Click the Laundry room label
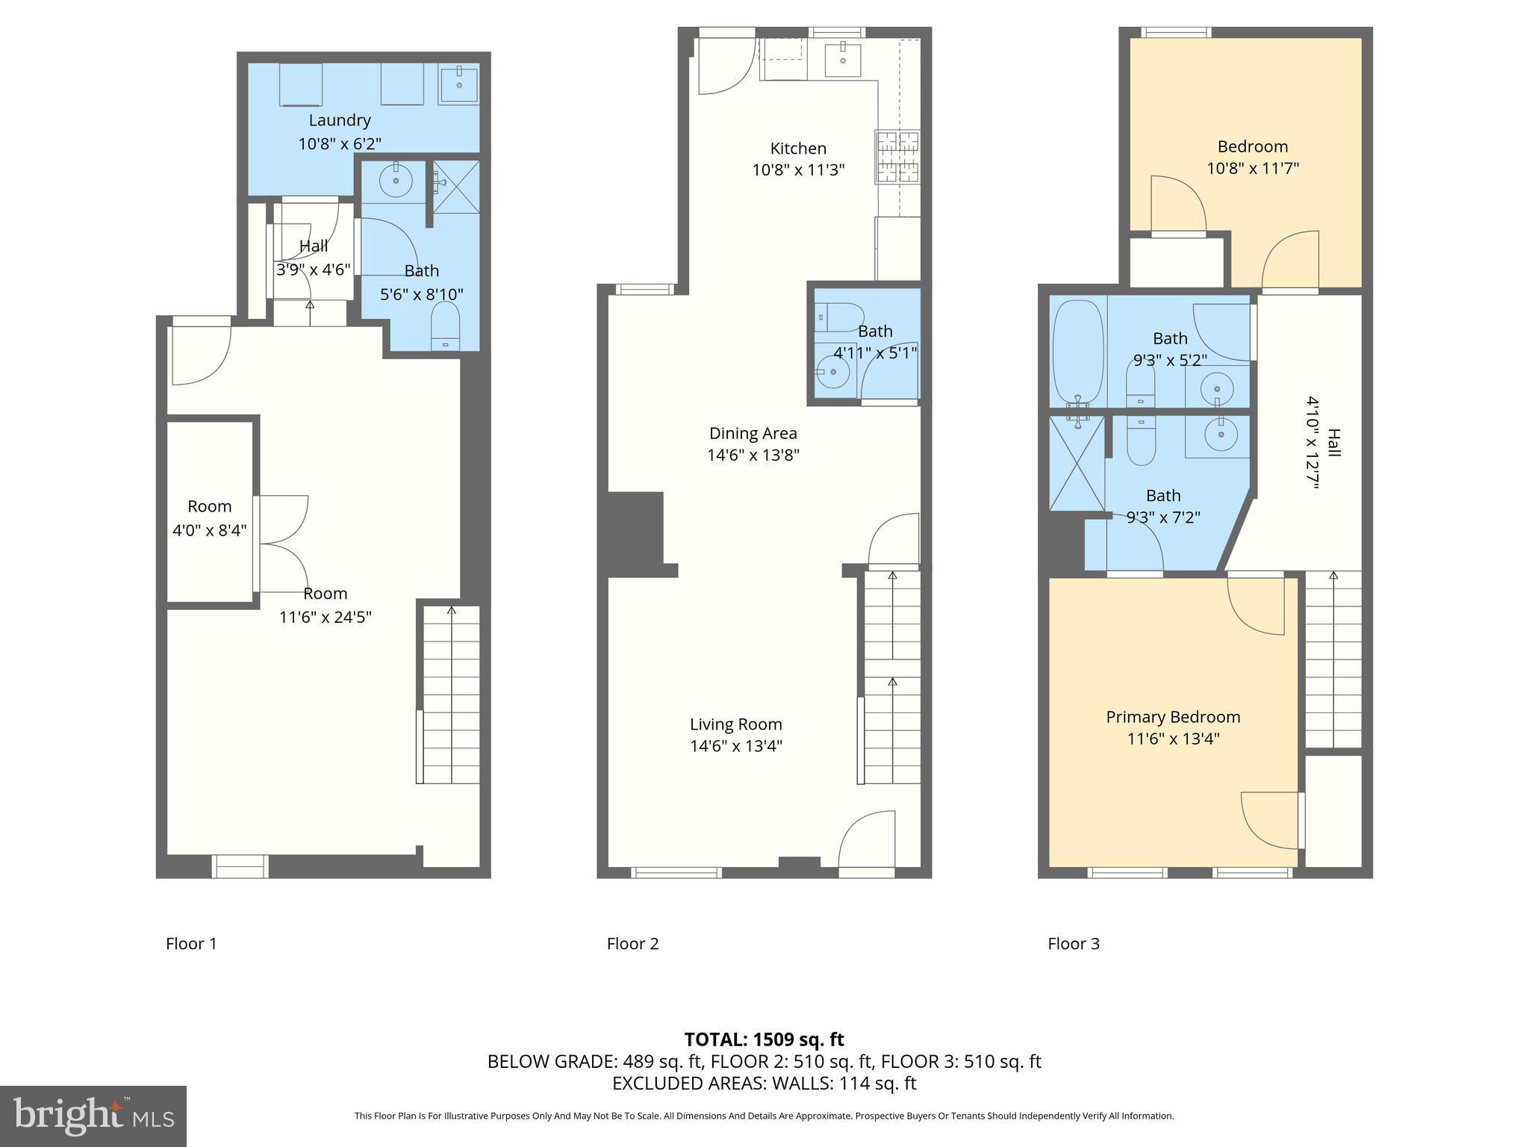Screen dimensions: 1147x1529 [340, 120]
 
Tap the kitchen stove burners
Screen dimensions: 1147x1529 [898, 156]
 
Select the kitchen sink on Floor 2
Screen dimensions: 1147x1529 [843, 60]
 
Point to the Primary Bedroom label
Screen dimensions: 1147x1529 [1173, 717]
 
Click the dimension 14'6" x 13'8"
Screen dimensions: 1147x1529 [753, 455]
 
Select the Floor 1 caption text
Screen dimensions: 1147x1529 [191, 944]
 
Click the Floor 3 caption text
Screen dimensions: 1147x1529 [1074, 944]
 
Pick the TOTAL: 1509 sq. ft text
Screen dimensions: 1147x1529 [764, 1039]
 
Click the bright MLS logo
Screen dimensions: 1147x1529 [93, 1116]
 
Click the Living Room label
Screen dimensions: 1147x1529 [735, 724]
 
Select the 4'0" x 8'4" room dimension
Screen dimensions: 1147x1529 [210, 530]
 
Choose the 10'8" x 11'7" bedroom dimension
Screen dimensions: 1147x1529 [1253, 168]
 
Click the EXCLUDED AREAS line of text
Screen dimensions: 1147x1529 [764, 1083]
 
